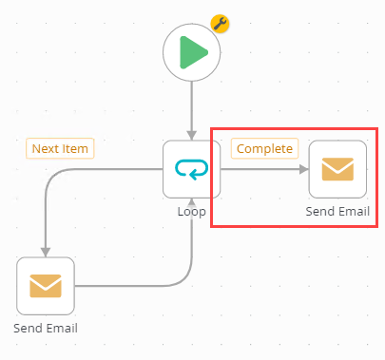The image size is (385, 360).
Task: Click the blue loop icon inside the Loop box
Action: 192,169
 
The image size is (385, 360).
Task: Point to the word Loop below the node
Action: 192,211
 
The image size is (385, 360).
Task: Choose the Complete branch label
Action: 263,148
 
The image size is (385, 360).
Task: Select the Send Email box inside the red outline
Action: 337,169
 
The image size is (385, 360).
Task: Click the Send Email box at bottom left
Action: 46,285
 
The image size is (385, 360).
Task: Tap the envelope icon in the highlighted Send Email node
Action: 337,169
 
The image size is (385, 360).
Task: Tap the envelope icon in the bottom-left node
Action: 46,285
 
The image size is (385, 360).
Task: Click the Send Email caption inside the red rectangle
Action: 337,211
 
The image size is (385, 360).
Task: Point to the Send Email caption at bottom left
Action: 46,328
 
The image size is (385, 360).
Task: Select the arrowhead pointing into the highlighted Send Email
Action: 303,169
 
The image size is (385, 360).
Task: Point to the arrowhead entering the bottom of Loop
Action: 192,202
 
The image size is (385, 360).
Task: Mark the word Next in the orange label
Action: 46,148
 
